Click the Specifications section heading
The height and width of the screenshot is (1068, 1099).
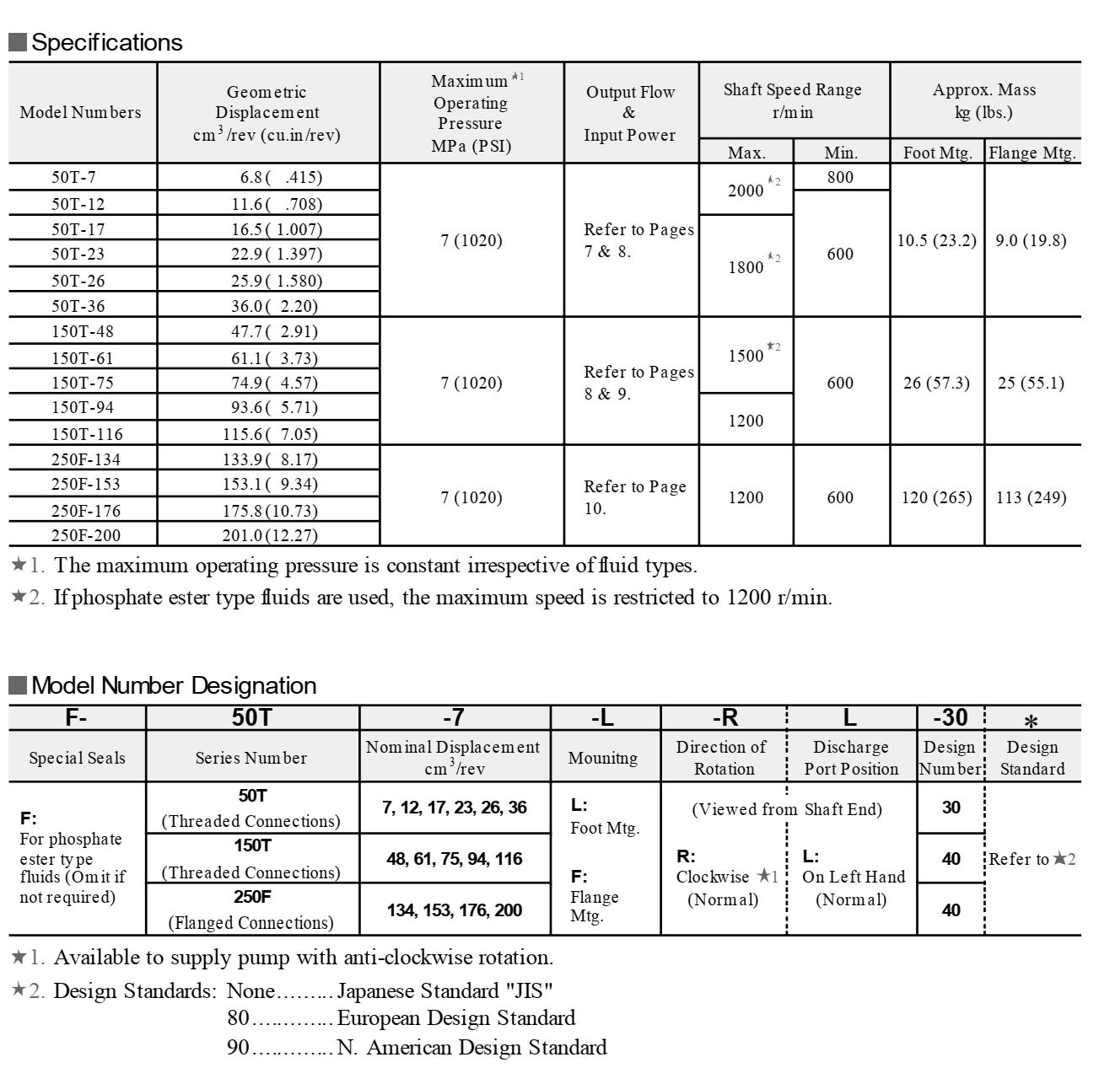(106, 42)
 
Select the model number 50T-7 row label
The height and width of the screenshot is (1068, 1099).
(73, 177)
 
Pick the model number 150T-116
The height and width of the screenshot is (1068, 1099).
(87, 434)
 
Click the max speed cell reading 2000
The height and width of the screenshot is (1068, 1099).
(746, 191)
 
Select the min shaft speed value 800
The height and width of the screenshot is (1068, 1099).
(840, 177)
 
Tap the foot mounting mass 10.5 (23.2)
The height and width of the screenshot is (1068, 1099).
(936, 240)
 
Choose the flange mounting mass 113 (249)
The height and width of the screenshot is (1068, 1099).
(1031, 497)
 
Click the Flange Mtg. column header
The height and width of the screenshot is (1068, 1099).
(1032, 153)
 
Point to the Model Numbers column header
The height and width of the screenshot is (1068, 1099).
(80, 112)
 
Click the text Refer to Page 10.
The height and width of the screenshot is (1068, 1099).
(634, 497)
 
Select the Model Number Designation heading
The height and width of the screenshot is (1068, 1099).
(173, 685)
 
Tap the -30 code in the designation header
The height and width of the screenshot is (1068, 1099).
(951, 717)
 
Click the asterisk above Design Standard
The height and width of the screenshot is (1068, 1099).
(1031, 721)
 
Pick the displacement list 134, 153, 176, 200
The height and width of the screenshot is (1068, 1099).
(455, 910)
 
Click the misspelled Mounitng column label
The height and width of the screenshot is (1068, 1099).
(603, 758)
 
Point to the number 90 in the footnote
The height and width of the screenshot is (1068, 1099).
(239, 1048)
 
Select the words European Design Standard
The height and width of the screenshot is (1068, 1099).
(456, 1018)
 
